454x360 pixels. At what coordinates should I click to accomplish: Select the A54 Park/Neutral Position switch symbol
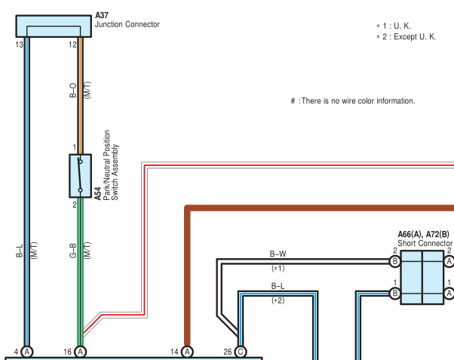pos(80,176)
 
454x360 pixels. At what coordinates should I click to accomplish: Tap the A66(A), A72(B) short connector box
pos(422,277)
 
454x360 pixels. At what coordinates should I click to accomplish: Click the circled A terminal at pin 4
pos(27,352)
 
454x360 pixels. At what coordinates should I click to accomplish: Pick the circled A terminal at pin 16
pos(81,352)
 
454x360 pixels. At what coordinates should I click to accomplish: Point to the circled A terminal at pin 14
pos(187,352)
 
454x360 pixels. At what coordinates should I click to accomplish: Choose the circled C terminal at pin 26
pos(241,352)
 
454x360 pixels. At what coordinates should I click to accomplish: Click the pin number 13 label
pos(20,45)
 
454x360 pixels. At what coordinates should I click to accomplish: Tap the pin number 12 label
pos(72,45)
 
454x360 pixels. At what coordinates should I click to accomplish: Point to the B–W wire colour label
pos(278,254)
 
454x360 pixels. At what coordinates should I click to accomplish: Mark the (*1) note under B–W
pos(278,268)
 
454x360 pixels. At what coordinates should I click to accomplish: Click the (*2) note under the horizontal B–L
pos(278,300)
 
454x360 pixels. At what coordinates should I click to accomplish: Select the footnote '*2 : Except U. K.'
pos(406,37)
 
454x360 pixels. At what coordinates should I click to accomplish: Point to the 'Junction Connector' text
pos(127,24)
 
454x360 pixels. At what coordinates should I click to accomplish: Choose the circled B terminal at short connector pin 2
pos(394,261)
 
